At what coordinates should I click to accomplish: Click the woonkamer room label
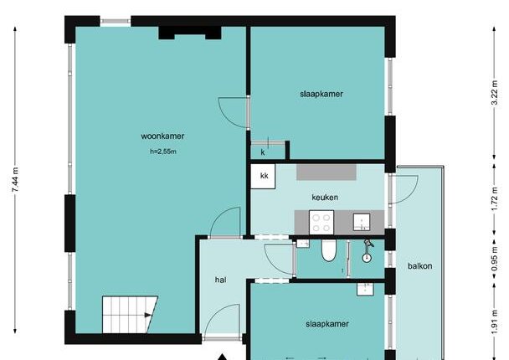coord(162,136)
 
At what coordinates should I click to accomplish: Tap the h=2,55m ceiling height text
coord(163,152)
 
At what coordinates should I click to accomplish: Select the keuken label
coord(325,198)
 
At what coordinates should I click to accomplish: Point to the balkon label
coord(420,266)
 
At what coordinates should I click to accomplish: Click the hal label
coord(221,280)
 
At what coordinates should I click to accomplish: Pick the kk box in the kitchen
coord(263,177)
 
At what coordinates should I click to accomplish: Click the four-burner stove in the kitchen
coord(321,223)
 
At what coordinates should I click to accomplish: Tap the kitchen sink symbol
coord(362,223)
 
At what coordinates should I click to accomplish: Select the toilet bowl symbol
coord(328,250)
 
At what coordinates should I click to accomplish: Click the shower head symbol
coord(368,251)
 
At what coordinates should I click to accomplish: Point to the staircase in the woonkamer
coord(130,315)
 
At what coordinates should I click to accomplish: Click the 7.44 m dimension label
coord(15,180)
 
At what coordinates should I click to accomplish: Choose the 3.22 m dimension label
coord(495,93)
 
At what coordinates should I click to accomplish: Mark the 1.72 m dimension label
coord(495,198)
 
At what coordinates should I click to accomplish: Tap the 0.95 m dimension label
coord(495,259)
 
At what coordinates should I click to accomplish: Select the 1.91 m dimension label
coord(495,322)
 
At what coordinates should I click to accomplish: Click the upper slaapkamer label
coord(321,94)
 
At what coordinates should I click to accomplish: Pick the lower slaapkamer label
coord(327,324)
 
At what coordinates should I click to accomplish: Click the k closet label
coord(263,152)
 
